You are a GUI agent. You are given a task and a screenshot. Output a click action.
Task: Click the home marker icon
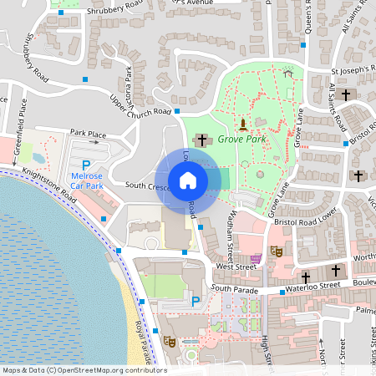click(188, 180)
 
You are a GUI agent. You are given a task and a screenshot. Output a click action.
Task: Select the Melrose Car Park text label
click(85, 179)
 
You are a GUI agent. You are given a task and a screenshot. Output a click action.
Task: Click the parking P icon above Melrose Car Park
click(85, 166)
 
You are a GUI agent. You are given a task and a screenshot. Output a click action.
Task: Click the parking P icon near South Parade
click(196, 301)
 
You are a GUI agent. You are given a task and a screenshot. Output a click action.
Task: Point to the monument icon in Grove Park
click(242, 124)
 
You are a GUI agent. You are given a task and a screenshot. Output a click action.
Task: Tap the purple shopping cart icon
click(256, 258)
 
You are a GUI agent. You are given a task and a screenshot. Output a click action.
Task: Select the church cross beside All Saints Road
click(344, 94)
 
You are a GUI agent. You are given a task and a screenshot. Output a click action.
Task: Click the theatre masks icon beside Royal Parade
click(169, 341)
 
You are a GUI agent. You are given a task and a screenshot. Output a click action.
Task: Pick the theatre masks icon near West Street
click(277, 249)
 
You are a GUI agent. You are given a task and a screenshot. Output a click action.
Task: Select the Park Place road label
click(88, 133)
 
